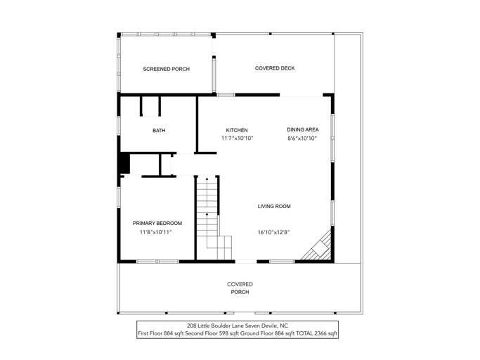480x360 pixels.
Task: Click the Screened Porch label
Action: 166,69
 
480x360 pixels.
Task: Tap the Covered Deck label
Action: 274,68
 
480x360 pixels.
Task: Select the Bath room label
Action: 159,131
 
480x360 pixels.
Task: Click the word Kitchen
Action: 236,130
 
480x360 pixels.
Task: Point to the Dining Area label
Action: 303,129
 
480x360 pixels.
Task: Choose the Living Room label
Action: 274,206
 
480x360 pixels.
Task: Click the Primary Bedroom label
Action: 153,223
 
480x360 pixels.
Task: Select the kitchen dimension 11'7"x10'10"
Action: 237,139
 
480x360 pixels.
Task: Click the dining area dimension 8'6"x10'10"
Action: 302,139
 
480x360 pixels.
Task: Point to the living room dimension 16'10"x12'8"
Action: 274,232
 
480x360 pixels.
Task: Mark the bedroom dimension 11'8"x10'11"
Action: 153,232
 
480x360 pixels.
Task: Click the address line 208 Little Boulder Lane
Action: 214,326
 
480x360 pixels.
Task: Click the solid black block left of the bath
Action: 124,162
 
